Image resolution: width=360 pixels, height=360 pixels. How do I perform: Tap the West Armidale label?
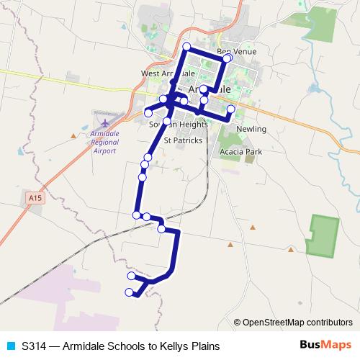coord(168,73)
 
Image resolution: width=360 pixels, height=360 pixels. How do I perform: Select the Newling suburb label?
coord(251,129)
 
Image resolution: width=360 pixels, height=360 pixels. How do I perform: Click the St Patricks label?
coord(183,140)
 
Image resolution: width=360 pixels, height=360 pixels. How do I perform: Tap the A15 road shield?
coord(33,196)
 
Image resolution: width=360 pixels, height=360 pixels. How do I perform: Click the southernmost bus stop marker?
coord(130,292)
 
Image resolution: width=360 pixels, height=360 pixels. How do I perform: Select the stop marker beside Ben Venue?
coord(228,58)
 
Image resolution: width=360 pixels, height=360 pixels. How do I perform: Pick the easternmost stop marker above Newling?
coord(231,109)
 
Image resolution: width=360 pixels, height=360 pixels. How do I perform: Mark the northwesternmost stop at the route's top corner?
coord(186,47)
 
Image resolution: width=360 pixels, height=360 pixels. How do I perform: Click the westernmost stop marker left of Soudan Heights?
coord(148,112)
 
